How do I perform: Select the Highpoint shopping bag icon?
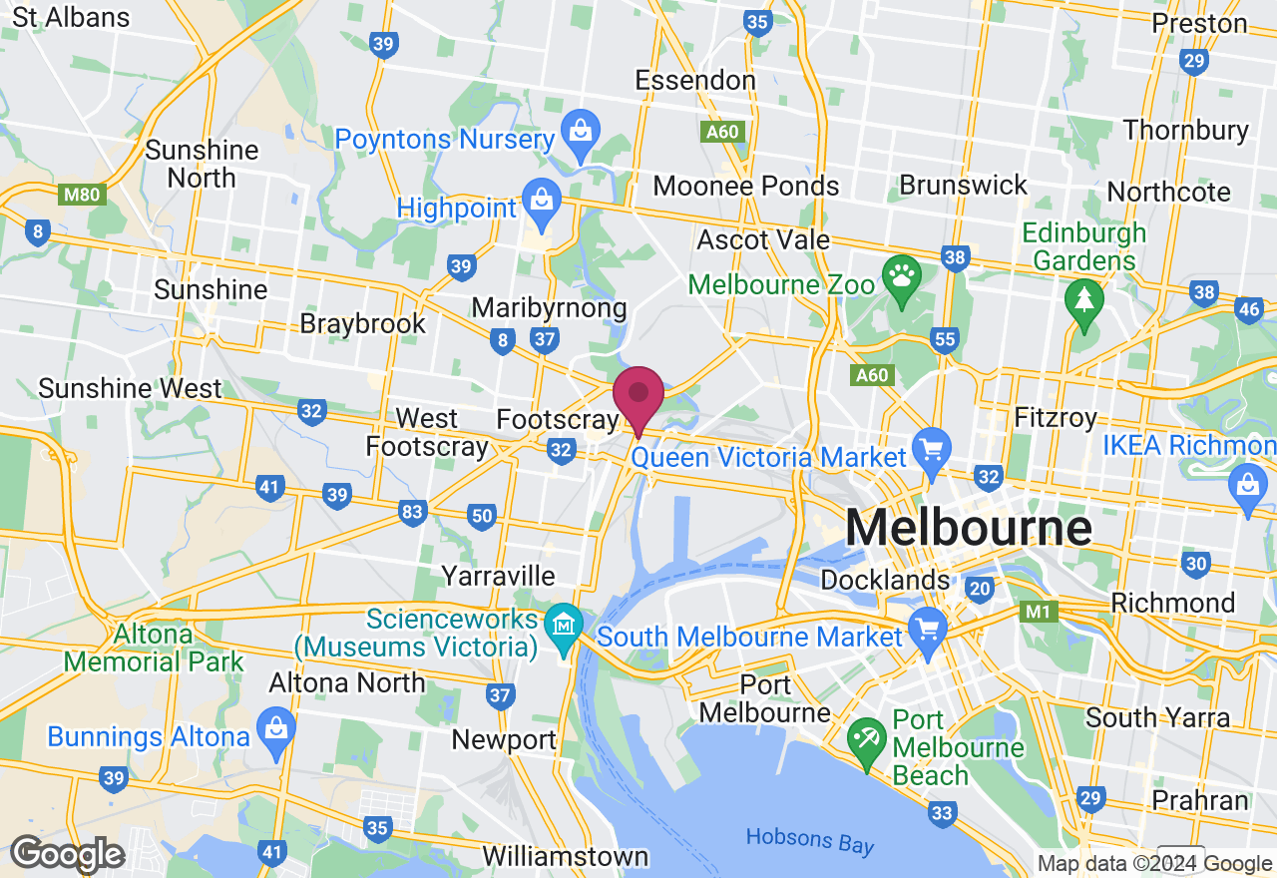pos(541,198)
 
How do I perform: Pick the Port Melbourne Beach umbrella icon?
pos(867,738)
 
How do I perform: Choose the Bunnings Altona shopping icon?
pos(275,725)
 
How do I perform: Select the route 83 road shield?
pos(412,512)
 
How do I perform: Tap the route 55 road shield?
pos(945,340)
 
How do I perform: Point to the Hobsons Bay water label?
pos(810,840)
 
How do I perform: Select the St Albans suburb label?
pos(72,17)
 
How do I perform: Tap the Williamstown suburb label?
pos(565,856)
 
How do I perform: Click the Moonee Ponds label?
pos(746,186)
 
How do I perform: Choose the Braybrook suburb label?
pos(363,323)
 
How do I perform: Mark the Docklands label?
pos(885,580)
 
